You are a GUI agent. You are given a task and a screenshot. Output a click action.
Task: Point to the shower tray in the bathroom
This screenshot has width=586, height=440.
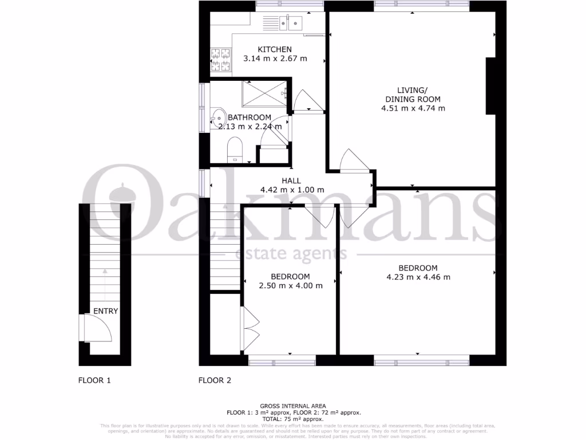pos(264,93)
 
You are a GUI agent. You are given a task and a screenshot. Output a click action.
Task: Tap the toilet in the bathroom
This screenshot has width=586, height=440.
pos(235,151)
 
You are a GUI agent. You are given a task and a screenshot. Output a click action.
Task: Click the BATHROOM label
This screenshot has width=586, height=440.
pos(250,117)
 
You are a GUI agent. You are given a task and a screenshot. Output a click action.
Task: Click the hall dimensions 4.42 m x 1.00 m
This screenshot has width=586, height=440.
pos(292,190)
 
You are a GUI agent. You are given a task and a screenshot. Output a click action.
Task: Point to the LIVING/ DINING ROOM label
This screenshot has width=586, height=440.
pos(413,95)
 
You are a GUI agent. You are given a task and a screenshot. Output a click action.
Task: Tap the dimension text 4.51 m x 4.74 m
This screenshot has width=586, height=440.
pos(413,108)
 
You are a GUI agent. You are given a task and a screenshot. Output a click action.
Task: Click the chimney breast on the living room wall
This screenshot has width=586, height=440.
pos(490,87)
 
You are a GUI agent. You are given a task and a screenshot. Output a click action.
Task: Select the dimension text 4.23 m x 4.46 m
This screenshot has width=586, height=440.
pos(418,277)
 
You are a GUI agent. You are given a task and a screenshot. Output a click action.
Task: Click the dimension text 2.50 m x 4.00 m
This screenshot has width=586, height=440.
pos(290,286)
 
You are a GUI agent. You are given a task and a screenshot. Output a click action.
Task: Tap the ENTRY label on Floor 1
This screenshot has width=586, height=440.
pos(106,311)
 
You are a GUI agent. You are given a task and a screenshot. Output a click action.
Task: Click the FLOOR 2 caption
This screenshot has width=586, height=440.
pos(215,380)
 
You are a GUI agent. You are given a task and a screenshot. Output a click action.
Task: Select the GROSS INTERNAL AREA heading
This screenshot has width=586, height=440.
pos(292,406)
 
